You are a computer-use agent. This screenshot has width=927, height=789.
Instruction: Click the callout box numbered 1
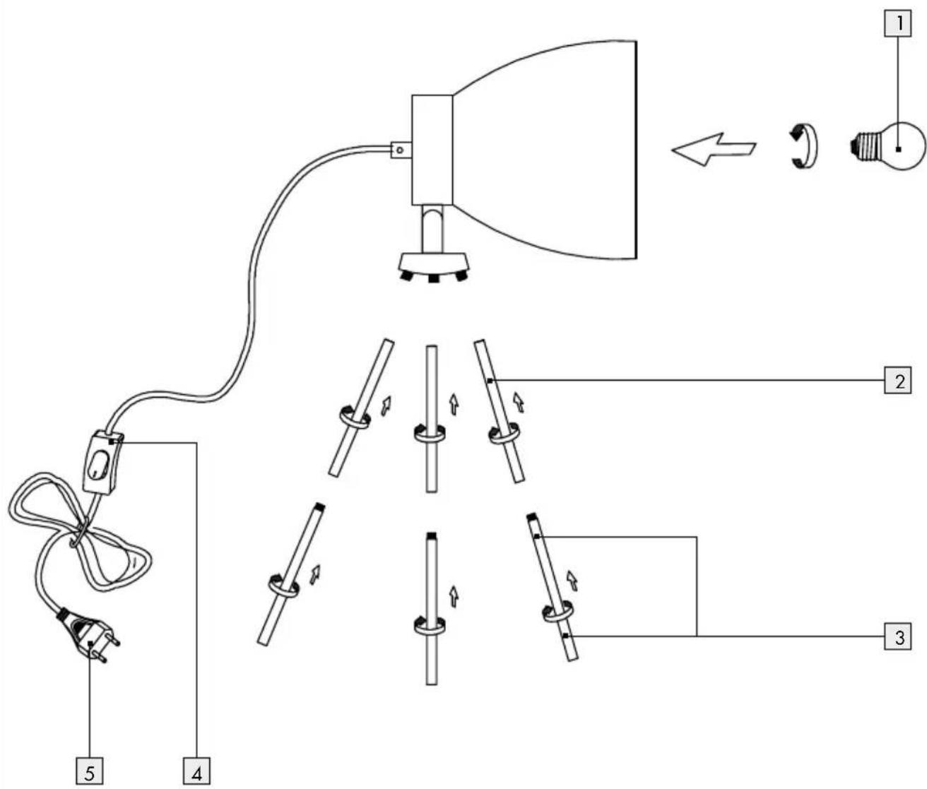click(897, 23)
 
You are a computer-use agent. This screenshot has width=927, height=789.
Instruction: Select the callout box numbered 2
click(897, 381)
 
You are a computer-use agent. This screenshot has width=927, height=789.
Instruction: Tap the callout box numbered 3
click(897, 636)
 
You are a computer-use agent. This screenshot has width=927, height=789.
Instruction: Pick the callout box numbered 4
click(196, 771)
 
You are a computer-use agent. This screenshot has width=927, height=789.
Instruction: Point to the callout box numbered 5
click(90, 771)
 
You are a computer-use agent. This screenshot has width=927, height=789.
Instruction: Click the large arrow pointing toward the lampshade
click(714, 150)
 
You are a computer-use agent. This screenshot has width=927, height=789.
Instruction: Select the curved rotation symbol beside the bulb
click(805, 146)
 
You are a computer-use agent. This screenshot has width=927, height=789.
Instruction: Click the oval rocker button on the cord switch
click(99, 467)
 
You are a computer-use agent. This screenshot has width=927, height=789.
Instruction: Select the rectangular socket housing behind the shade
click(432, 150)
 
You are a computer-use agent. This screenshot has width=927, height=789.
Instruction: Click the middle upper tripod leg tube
click(432, 419)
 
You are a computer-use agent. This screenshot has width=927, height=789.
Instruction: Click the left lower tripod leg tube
click(291, 574)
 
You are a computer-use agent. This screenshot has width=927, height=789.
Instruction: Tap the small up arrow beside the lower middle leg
click(454, 597)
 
